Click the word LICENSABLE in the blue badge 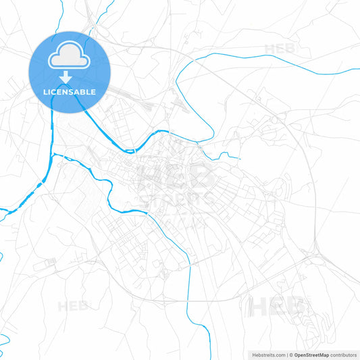[69, 92]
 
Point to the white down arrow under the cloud [69, 76]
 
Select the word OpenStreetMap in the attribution [311, 355]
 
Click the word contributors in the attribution [343, 355]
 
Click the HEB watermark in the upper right [280, 49]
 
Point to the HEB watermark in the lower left [73, 305]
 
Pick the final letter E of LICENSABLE [93, 92]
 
